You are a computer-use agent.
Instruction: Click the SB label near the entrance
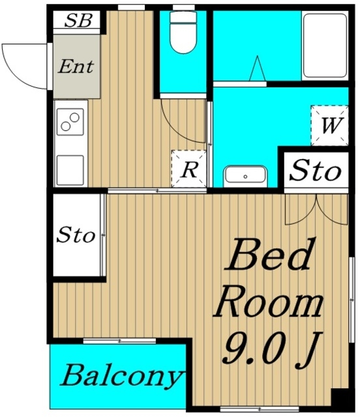point(78,20)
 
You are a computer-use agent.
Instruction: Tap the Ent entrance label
point(76,66)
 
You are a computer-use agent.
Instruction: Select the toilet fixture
point(183,32)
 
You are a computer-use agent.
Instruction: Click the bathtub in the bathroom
point(325,46)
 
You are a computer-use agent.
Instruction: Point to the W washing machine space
point(329,125)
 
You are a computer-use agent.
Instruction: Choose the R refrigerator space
point(189,169)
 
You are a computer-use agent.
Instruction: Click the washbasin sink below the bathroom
point(245,175)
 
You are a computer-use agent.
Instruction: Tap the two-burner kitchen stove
point(70,122)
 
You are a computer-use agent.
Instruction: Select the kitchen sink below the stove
point(70,170)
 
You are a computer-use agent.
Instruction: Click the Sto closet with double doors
point(316,170)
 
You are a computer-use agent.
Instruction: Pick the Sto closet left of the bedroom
point(76,235)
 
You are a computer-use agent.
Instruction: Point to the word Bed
point(269,255)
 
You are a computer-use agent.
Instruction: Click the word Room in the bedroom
point(269,305)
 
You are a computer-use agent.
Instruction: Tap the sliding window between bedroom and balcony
point(119,341)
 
